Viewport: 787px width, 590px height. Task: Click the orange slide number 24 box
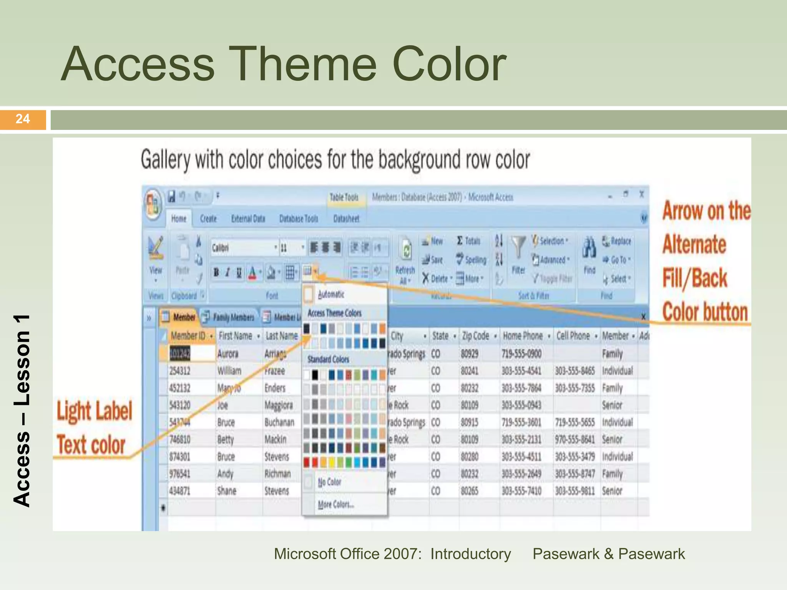coord(23,119)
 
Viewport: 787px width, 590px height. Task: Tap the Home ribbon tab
coord(179,219)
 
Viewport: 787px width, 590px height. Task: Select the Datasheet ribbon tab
coord(346,219)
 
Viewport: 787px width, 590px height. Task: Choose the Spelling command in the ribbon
coord(472,260)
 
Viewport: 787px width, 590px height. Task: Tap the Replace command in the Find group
coord(617,241)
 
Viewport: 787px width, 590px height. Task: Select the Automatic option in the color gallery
coord(331,295)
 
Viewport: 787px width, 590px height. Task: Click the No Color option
coord(329,482)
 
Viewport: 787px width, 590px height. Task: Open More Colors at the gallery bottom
coord(335,504)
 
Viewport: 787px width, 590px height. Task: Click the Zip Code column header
coord(475,336)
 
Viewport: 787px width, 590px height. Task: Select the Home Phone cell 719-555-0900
coord(521,354)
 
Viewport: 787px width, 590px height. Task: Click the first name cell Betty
coord(226,439)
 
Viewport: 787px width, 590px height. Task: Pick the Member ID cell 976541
coord(179,474)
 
